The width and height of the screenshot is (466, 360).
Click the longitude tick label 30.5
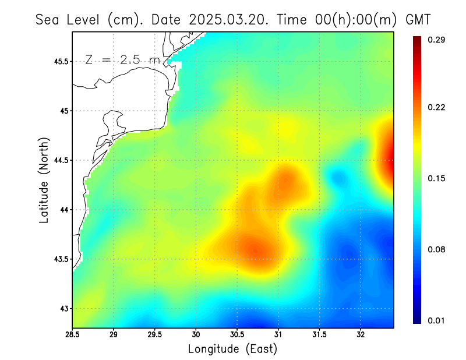[237, 335]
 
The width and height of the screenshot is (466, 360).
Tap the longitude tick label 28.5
[73, 335]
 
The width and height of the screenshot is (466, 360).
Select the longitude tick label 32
[361, 335]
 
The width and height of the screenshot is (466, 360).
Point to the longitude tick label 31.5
[319, 335]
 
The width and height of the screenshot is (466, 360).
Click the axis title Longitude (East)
[232, 349]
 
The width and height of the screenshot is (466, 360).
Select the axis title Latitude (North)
[44, 180]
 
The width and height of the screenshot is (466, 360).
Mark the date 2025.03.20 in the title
[227, 19]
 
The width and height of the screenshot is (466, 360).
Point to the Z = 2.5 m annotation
[121, 59]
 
